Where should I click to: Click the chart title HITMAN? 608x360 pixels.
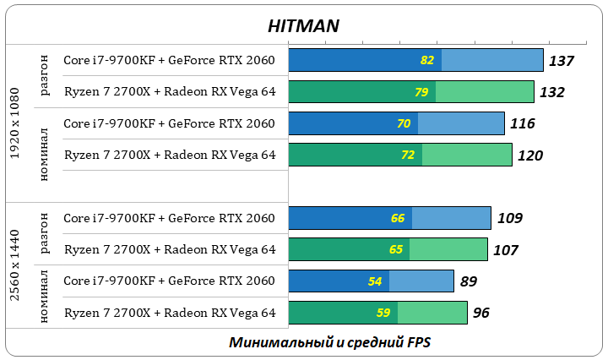click(303, 25)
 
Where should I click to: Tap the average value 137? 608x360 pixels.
click(561, 61)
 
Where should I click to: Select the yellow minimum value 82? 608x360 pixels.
click(426, 60)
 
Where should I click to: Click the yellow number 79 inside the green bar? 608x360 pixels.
click(421, 92)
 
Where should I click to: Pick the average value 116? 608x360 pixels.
click(522, 124)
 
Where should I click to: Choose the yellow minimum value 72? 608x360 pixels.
click(408, 155)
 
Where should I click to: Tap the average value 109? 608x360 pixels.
click(509, 219)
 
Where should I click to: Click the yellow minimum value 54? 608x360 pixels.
click(374, 281)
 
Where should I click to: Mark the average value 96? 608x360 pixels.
click(481, 314)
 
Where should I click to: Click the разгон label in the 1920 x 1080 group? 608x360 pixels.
click(46, 77)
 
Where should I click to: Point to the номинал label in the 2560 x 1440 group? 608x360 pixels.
click(46, 297)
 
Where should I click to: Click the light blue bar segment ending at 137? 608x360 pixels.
click(491, 60)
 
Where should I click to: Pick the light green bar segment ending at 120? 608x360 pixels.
click(467, 155)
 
